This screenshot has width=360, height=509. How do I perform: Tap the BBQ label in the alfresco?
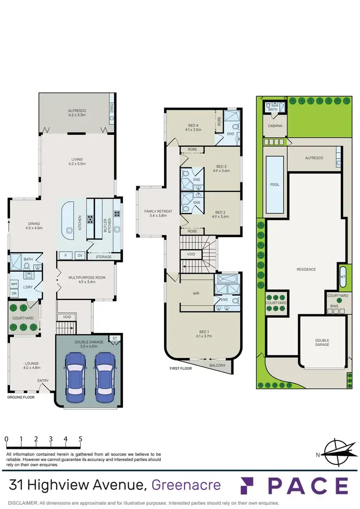pyautogui.click(x=111, y=107)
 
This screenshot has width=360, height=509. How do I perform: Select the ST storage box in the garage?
pyautogui.click(x=114, y=339)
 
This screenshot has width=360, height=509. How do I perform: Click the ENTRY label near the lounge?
pyautogui.click(x=43, y=381)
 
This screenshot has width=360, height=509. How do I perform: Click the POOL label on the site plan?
pyautogui.click(x=275, y=184)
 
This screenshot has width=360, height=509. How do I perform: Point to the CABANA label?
pyautogui.click(x=275, y=126)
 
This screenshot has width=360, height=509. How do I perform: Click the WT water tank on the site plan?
pyautogui.click(x=343, y=276)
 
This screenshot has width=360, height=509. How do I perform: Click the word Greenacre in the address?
pyautogui.click(x=186, y=485)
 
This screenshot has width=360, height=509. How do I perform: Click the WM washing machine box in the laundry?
pyautogui.click(x=14, y=284)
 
